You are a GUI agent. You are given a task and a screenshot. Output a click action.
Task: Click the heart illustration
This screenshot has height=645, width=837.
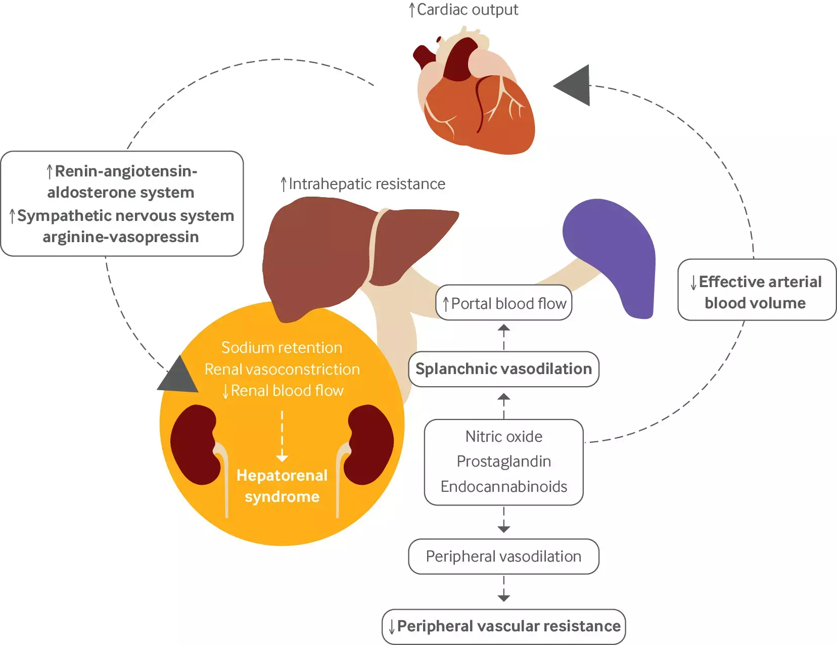(x=475, y=99)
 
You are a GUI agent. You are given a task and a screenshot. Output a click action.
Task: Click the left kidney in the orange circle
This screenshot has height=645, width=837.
(x=195, y=445)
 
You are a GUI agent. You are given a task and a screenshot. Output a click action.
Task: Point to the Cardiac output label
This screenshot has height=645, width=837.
(x=463, y=10)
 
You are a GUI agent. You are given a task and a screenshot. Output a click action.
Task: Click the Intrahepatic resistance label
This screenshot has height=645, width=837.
(x=363, y=184)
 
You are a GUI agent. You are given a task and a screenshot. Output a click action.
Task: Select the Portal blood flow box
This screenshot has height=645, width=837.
(x=504, y=303)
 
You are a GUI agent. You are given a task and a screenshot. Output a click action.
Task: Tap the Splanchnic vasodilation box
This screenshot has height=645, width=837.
(x=503, y=369)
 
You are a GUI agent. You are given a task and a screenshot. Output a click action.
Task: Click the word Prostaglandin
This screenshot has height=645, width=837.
(x=504, y=462)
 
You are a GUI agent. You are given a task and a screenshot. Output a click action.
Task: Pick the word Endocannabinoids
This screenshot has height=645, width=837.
(x=504, y=487)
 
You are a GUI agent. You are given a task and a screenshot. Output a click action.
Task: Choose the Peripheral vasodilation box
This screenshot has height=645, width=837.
(x=503, y=557)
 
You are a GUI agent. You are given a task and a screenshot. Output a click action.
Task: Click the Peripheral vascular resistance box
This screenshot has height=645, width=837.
(x=504, y=626)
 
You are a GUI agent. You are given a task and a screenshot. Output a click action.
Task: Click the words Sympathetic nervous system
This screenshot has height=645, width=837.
(x=125, y=216)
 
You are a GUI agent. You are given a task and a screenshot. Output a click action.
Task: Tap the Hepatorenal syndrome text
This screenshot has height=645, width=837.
(x=282, y=486)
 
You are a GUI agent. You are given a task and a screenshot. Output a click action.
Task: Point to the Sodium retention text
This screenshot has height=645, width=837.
(x=282, y=348)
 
